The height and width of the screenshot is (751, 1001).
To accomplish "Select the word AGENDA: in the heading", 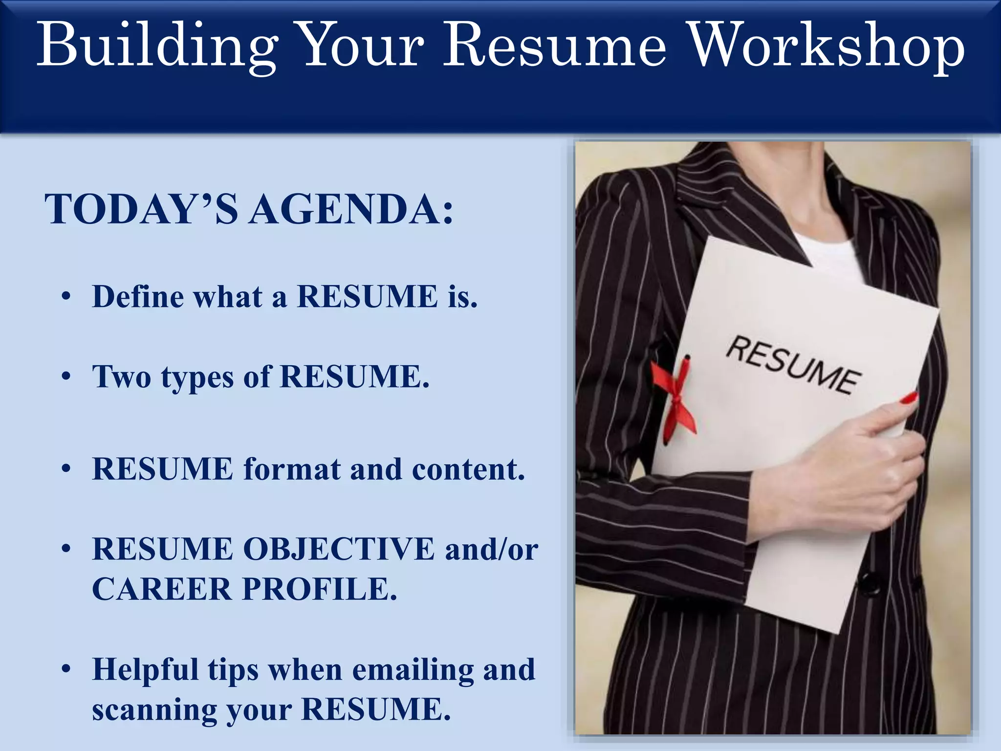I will pos(351,209).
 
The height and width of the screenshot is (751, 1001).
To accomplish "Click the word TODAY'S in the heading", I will pos(142,209).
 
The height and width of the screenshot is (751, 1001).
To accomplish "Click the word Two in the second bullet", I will pos(122,377).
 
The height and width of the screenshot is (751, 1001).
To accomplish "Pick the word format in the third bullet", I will pos(292,469).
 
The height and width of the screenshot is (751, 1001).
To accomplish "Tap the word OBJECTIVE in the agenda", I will pos(339,549).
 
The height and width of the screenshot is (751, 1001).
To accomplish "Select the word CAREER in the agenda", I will pos(162,589).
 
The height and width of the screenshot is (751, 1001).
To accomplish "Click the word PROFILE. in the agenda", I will pos(320,589).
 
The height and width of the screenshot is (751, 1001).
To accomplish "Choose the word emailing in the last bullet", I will pos(413,669).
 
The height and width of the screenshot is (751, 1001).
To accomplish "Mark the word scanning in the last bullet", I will pos(154,710).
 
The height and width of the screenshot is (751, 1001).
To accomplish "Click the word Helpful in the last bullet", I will pos(145,669).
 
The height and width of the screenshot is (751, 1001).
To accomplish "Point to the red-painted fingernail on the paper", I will pos(909,398).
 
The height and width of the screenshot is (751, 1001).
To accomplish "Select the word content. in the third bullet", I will pos(468,469).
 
